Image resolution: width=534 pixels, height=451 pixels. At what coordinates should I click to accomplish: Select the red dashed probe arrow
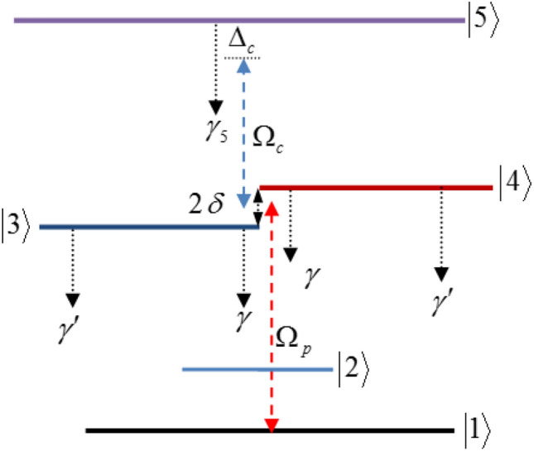click(x=271, y=314)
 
